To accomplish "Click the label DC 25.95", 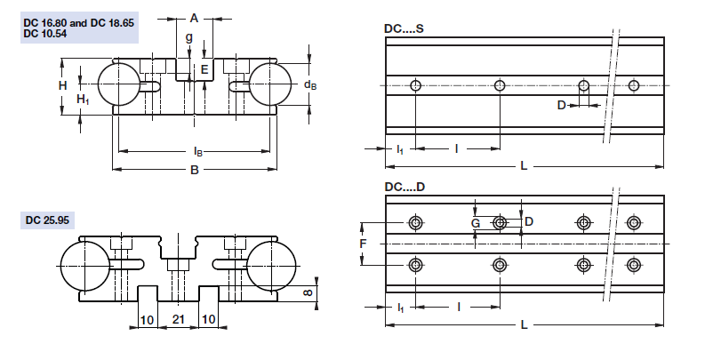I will click(x=48, y=219).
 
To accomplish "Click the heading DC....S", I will click(x=404, y=29).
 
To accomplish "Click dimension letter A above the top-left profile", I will click(x=194, y=17).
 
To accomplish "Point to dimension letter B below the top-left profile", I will click(x=194, y=171).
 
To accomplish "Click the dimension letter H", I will click(x=63, y=85).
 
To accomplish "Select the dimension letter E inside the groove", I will click(x=204, y=69).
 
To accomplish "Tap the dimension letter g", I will click(x=188, y=37).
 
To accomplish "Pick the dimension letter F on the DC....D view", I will click(x=363, y=242).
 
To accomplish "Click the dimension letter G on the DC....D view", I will click(x=476, y=223).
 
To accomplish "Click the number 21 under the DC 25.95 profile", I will click(x=178, y=318).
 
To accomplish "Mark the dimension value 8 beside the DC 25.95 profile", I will click(x=308, y=292).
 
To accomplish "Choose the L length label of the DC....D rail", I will click(x=524, y=325).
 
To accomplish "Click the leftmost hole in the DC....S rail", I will click(x=416, y=85).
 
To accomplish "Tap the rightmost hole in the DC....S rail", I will click(x=634, y=85).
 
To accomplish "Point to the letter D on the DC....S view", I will click(x=561, y=105).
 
